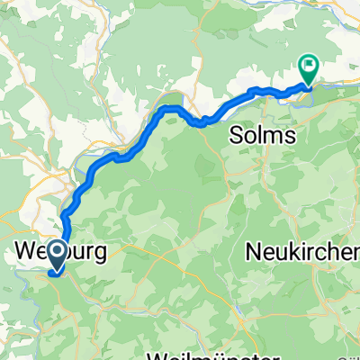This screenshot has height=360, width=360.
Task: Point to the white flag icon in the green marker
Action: [x=309, y=65]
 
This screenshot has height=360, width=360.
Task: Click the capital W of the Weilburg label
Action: [x=29, y=251]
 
